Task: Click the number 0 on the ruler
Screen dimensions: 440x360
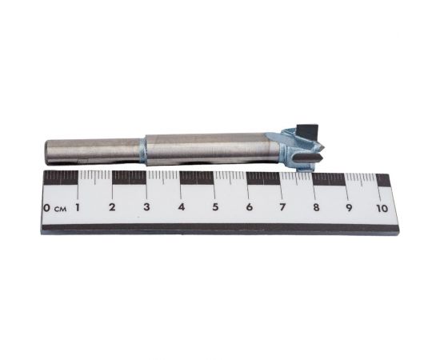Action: click(47, 208)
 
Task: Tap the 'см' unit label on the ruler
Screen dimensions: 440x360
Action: click(61, 209)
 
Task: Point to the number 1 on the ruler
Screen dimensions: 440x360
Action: click(78, 207)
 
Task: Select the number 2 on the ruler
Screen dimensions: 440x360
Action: click(112, 207)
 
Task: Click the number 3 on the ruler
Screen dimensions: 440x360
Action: click(146, 207)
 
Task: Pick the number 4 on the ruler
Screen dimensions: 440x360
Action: click(182, 207)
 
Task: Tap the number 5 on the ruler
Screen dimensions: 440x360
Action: click(215, 207)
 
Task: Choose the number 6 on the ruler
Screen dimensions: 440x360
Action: click(249, 207)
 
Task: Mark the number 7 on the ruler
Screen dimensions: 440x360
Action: click(282, 207)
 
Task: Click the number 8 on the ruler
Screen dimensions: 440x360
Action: click(316, 207)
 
